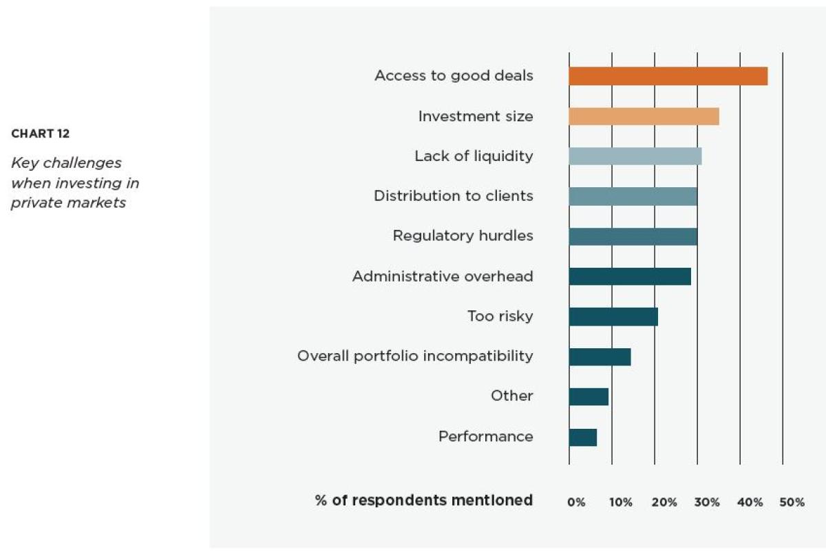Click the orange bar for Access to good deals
click(668, 76)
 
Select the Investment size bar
click(644, 116)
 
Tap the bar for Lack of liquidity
click(635, 156)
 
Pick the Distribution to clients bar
click(633, 196)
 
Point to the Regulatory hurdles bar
click(633, 236)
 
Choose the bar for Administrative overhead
click(630, 277)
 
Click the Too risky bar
click(613, 317)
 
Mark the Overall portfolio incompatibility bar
click(600, 357)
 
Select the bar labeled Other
click(589, 396)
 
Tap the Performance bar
click(582, 437)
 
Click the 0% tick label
click(576, 502)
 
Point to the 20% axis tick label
click(664, 502)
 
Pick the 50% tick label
click(792, 502)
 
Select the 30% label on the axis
click(707, 502)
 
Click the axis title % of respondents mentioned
click(424, 500)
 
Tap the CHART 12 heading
click(41, 134)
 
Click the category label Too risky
click(500, 317)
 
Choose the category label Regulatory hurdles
click(463, 236)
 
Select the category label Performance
click(485, 436)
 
